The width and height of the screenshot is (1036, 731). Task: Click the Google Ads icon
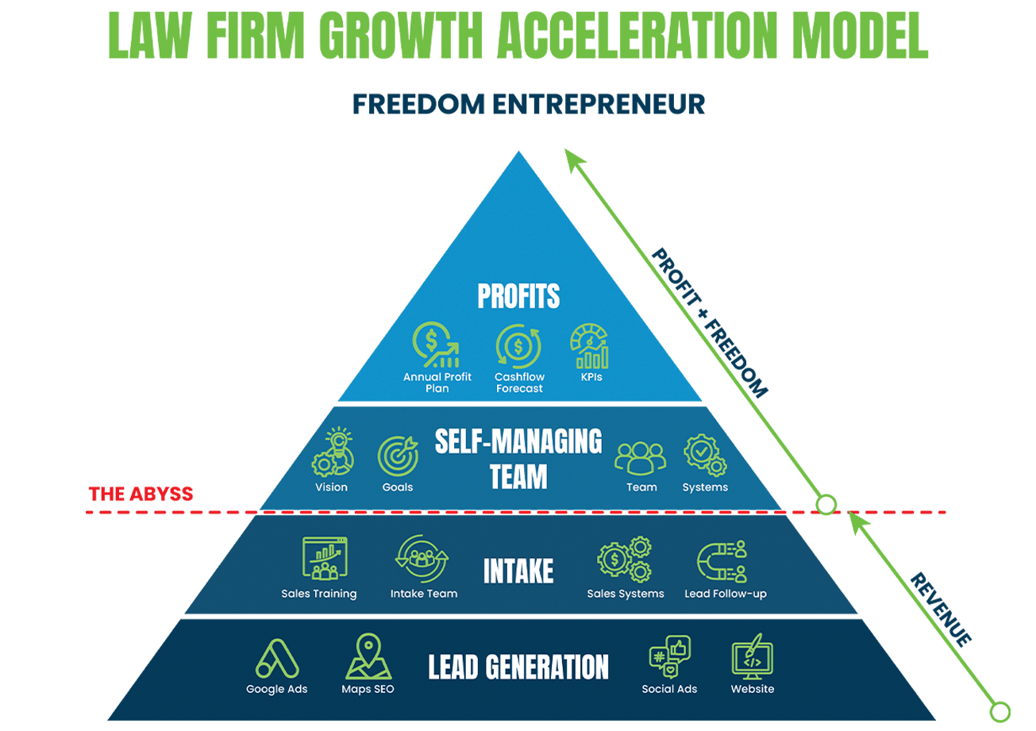tap(276, 658)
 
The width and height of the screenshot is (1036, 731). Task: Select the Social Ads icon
tap(669, 657)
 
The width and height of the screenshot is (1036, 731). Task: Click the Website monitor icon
tap(752, 657)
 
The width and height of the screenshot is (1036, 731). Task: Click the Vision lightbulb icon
tap(333, 452)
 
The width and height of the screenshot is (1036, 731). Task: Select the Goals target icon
tap(398, 456)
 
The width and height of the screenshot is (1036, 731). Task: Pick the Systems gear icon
tap(704, 455)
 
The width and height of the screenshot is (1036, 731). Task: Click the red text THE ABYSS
tap(141, 494)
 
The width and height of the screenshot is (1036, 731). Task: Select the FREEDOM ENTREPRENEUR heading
tap(528, 105)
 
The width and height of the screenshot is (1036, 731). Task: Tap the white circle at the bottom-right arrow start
tap(1000, 710)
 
